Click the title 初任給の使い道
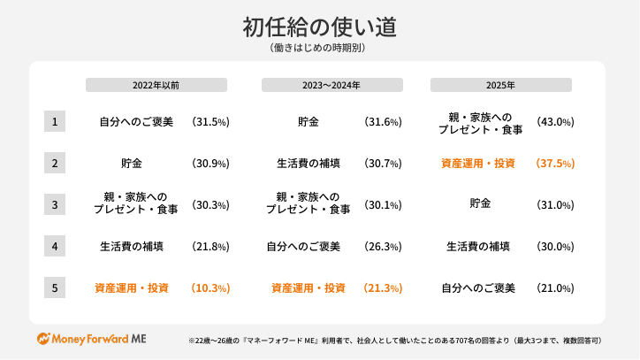click(319, 27)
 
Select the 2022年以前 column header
click(156, 86)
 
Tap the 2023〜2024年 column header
click(331, 86)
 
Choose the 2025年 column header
click(500, 86)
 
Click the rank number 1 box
click(55, 121)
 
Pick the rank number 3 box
click(55, 204)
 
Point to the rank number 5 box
click(55, 287)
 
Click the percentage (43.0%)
click(555, 122)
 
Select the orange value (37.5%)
click(555, 164)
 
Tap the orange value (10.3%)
click(210, 288)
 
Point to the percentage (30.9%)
click(210, 164)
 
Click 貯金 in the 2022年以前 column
click(132, 164)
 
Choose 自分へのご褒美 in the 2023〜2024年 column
click(303, 247)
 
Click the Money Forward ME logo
click(92, 339)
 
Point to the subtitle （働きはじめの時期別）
click(319, 50)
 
